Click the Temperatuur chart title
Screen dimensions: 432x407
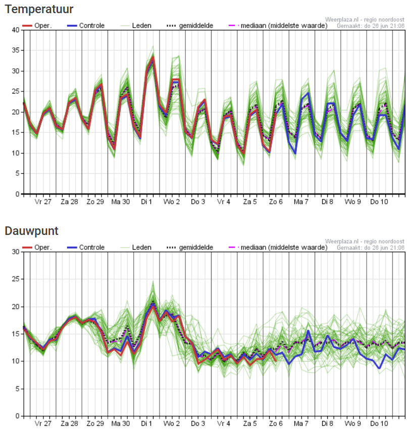click(39, 9)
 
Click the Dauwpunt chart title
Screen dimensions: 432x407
click(31, 231)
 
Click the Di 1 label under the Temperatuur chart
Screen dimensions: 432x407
click(146, 202)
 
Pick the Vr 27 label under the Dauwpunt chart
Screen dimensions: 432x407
click(43, 423)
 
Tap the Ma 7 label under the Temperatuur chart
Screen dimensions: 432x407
click(301, 202)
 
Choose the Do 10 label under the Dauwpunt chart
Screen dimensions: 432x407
click(379, 423)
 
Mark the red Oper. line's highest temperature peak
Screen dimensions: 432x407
click(153, 57)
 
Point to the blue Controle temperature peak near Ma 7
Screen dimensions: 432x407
click(308, 93)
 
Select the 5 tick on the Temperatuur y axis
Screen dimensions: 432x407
click(17, 173)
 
